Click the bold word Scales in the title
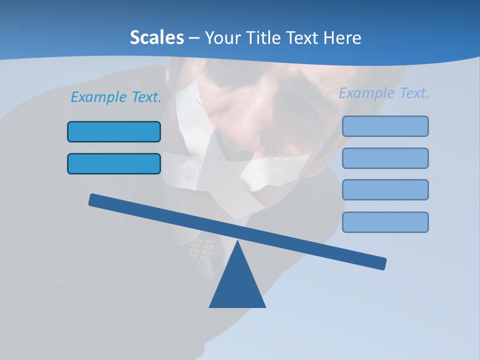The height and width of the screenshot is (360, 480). click(x=156, y=37)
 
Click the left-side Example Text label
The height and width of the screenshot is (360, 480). click(x=116, y=97)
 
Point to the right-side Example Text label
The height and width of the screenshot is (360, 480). click(x=384, y=93)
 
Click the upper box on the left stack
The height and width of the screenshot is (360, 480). click(x=114, y=131)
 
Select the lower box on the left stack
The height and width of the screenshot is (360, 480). click(x=114, y=163)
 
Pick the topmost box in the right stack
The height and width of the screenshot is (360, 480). click(x=385, y=126)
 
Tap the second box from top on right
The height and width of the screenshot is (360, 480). click(x=385, y=158)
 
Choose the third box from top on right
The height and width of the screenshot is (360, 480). click(x=385, y=189)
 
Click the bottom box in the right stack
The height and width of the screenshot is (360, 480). click(x=385, y=222)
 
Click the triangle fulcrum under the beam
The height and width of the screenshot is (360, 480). click(x=237, y=285)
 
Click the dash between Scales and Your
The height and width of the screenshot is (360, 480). click(x=194, y=37)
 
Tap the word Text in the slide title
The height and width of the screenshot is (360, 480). click(x=303, y=37)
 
